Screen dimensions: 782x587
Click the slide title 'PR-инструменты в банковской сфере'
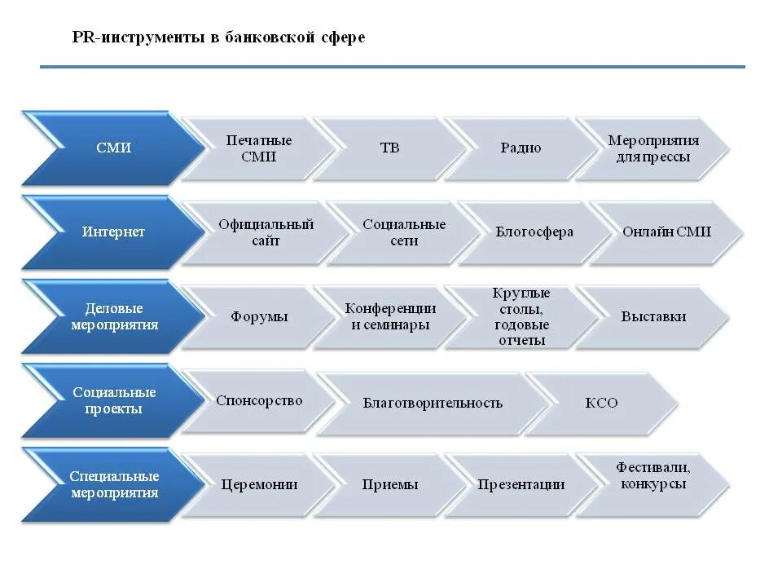pos(218,38)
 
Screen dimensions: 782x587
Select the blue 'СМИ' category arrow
pos(113,148)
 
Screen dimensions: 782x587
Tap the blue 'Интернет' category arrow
pos(113,232)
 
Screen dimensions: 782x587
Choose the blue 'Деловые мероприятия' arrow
pos(113,316)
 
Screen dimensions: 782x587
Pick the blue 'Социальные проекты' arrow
pos(113,400)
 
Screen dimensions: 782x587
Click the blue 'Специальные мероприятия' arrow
pos(113,484)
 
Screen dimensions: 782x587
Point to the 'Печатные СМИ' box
pos(258,148)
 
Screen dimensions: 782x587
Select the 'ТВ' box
pos(389,148)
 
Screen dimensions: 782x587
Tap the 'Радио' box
pos(521,148)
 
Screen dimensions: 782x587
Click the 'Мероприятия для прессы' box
pos(652,148)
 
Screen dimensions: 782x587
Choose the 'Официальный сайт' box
pos(266,232)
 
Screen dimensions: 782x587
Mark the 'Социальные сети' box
pos(404,232)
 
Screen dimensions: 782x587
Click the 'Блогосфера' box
pos(534,232)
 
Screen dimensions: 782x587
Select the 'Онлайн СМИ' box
pos(666,232)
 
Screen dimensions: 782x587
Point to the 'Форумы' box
pos(258,317)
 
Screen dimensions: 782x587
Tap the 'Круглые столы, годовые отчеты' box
pos(521,316)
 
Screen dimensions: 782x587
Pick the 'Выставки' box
pos(652,316)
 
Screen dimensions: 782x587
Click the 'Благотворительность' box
pos(432,403)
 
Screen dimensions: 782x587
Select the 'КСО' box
pos(601,403)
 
